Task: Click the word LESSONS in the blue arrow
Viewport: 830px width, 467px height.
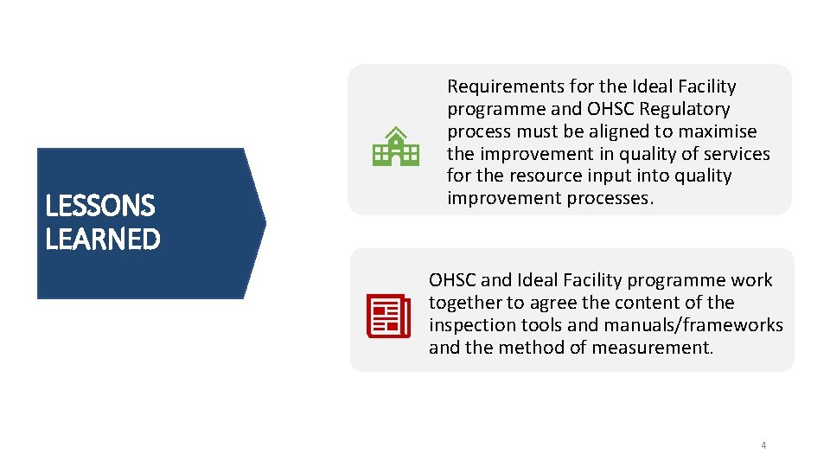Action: (x=100, y=206)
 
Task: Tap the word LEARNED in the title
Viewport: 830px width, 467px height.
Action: (x=103, y=239)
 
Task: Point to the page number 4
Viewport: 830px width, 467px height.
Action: (x=763, y=445)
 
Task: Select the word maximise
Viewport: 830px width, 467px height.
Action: (x=721, y=131)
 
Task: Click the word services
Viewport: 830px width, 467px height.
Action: (x=734, y=154)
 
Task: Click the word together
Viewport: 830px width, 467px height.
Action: (x=465, y=303)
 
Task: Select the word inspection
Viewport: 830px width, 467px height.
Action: (x=471, y=325)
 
